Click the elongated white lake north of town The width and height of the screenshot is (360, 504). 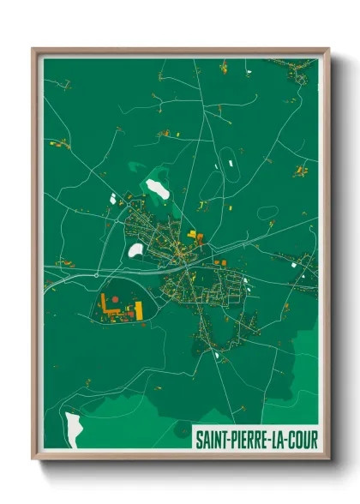tap(157, 189)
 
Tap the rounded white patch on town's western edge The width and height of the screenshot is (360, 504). tap(135, 249)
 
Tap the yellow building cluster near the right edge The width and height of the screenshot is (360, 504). tap(301, 171)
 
